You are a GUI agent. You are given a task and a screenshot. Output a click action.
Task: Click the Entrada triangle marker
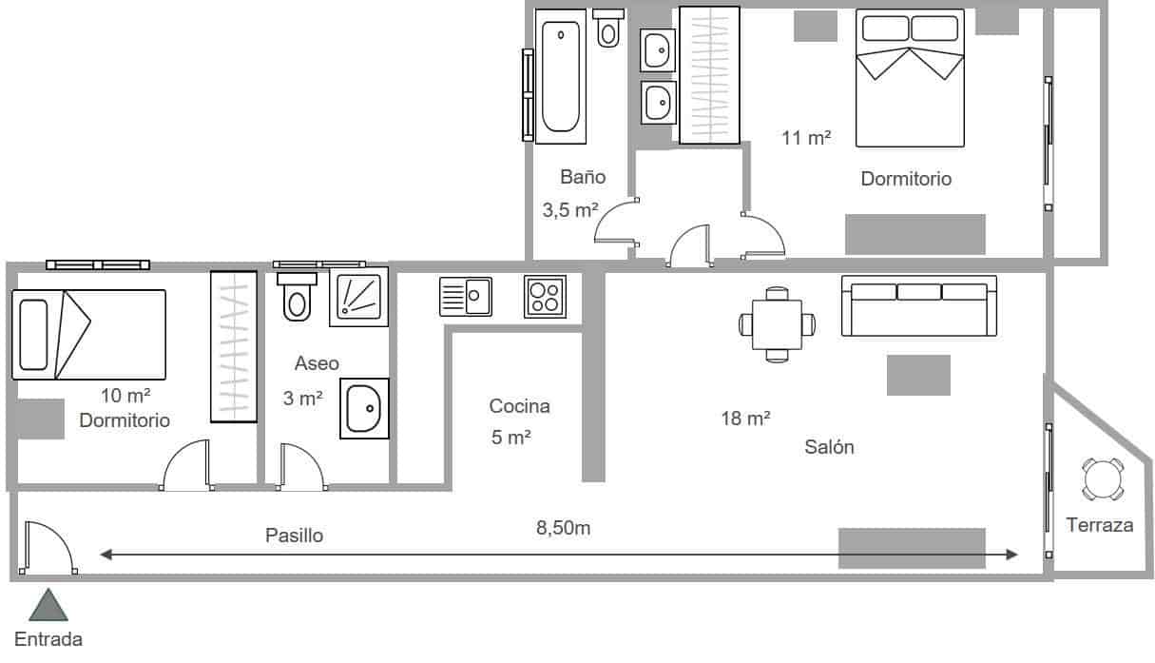[48, 606]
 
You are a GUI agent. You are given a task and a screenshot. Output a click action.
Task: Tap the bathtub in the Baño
[561, 77]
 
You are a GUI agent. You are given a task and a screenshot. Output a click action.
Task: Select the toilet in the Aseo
[298, 297]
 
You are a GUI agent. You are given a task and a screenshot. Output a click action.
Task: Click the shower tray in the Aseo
[358, 297]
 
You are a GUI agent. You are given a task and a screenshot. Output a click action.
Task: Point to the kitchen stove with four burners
[545, 296]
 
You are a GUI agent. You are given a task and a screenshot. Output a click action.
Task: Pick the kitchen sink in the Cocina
[465, 296]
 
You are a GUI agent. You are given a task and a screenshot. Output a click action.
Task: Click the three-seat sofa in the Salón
[919, 306]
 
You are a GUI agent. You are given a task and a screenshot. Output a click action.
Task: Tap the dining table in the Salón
[778, 324]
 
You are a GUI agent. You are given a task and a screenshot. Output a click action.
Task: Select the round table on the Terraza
[1103, 479]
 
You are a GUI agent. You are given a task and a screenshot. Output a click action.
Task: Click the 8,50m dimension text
[564, 527]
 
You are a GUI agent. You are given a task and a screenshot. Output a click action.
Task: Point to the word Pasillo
[294, 536]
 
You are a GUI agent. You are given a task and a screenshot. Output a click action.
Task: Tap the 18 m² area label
[745, 418]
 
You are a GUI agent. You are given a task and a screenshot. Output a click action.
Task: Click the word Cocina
[519, 406]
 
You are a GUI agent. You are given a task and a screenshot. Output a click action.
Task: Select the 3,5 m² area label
[569, 210]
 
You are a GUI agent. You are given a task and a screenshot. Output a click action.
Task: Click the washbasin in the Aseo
[365, 409]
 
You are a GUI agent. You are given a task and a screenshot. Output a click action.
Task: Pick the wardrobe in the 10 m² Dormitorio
[234, 346]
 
